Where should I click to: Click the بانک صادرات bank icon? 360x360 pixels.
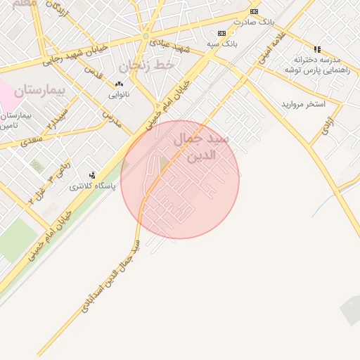(x=254, y=12)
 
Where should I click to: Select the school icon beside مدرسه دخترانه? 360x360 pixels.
(x=317, y=49)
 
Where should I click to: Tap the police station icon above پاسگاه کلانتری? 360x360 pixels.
(x=91, y=175)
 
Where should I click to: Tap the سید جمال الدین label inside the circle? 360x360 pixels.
(x=201, y=147)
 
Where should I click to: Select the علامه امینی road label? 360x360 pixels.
(x=271, y=46)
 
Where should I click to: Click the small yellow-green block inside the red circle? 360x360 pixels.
(x=165, y=165)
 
